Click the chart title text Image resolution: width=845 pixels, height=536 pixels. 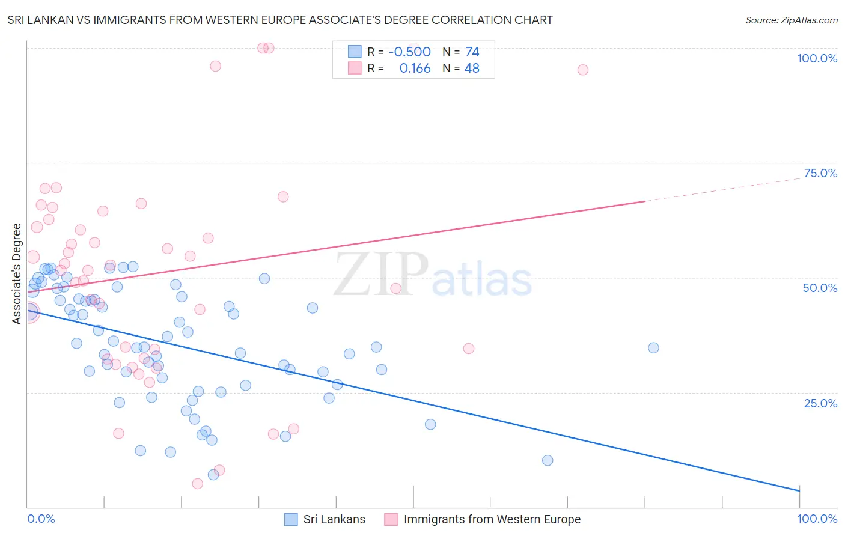(x=280, y=20)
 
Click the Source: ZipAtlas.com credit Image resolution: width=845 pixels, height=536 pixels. (x=791, y=20)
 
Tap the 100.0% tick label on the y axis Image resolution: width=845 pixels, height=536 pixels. (x=817, y=58)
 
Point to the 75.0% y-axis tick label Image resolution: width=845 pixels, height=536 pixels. (x=820, y=173)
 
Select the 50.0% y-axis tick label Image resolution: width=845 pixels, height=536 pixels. (x=820, y=288)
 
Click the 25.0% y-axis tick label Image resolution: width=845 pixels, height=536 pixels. (x=820, y=403)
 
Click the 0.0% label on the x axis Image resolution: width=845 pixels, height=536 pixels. (x=41, y=519)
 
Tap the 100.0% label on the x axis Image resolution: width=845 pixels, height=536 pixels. (x=817, y=519)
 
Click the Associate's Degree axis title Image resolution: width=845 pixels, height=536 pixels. (x=17, y=274)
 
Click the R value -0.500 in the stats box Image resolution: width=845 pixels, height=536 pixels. (x=409, y=52)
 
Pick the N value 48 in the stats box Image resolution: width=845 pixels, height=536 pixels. (x=472, y=69)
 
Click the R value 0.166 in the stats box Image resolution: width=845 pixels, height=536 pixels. (x=415, y=69)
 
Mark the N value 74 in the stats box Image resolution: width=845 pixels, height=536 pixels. (x=472, y=52)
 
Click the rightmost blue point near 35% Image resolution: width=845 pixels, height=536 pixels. (x=653, y=348)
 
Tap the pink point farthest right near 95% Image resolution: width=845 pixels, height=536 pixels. (x=582, y=70)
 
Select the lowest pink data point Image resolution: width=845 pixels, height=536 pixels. (x=197, y=484)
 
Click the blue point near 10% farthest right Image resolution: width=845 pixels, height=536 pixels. (x=548, y=461)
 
